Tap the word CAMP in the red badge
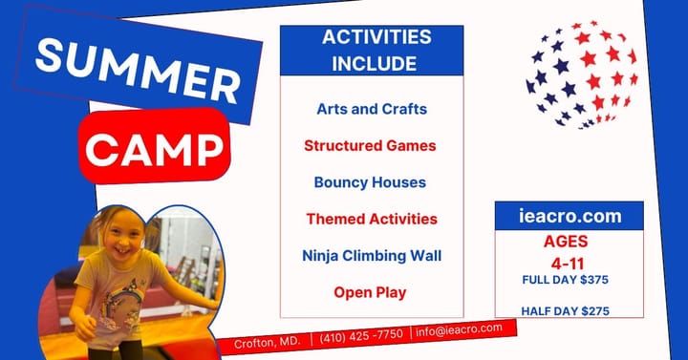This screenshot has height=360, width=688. pyautogui.click(x=156, y=147)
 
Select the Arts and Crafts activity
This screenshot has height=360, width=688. pyautogui.click(x=372, y=109)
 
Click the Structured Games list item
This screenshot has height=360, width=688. pyautogui.click(x=371, y=146)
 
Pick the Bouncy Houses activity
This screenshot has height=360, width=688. pyautogui.click(x=371, y=181)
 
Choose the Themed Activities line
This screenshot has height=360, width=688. pyautogui.click(x=372, y=219)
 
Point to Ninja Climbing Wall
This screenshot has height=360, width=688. pyautogui.click(x=371, y=255)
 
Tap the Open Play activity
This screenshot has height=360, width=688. pyautogui.click(x=371, y=292)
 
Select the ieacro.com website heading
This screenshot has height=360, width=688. pyautogui.click(x=568, y=216)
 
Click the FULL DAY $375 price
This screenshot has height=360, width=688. pyautogui.click(x=566, y=279)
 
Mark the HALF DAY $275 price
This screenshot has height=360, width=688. pyautogui.click(x=566, y=310)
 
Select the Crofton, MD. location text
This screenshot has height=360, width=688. pyautogui.click(x=269, y=341)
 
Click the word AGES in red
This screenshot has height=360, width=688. pyautogui.click(x=566, y=241)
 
